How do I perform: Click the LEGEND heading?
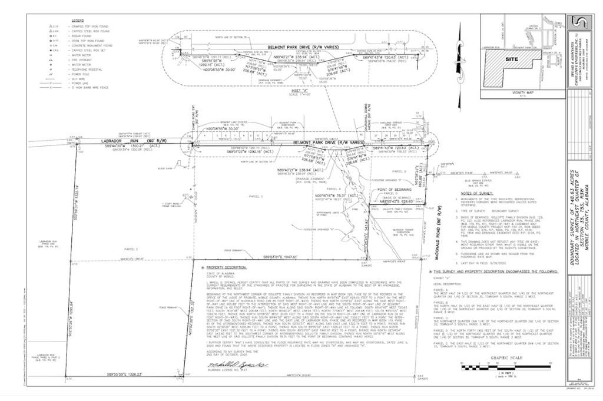pos(78,20)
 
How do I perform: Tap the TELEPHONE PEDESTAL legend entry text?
pos(88,69)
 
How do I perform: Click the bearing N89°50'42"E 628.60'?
pos(395,202)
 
